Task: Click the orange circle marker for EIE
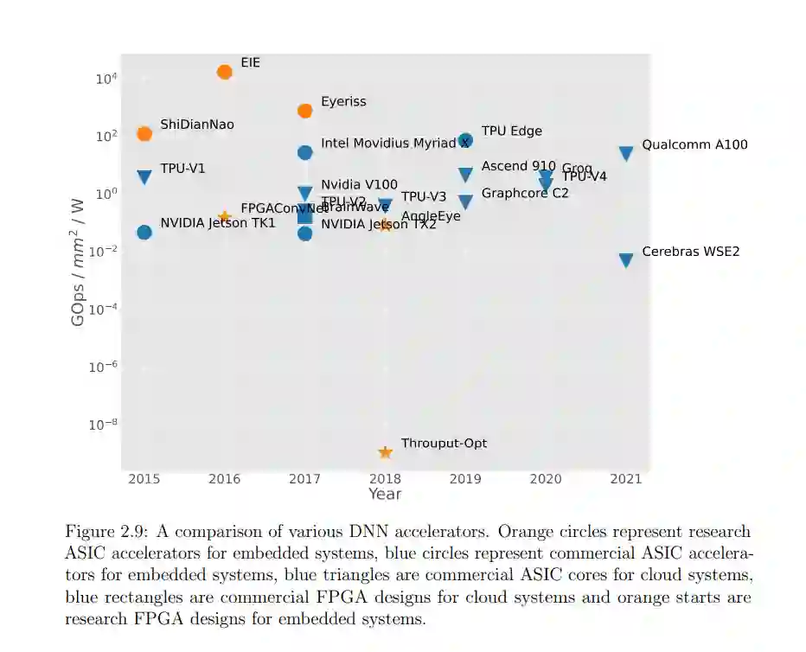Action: [225, 72]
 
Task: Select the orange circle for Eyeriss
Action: [304, 111]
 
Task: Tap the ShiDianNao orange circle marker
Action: [144, 133]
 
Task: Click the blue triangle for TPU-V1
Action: [144, 177]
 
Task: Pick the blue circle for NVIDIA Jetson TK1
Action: [144, 232]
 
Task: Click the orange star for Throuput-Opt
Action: [386, 452]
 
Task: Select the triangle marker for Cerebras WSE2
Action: [626, 260]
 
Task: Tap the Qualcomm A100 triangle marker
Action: [626, 153]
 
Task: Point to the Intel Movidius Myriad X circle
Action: [304, 152]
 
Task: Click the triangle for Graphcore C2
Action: [465, 202]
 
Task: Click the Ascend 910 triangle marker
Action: [465, 175]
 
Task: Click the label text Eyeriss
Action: [343, 102]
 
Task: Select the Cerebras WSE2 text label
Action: [690, 252]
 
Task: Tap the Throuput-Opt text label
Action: [444, 444]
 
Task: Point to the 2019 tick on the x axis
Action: [465, 478]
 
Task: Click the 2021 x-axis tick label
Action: [626, 478]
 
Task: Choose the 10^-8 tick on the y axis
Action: [103, 425]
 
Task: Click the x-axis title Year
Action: [385, 494]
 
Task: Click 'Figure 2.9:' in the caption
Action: [104, 532]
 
